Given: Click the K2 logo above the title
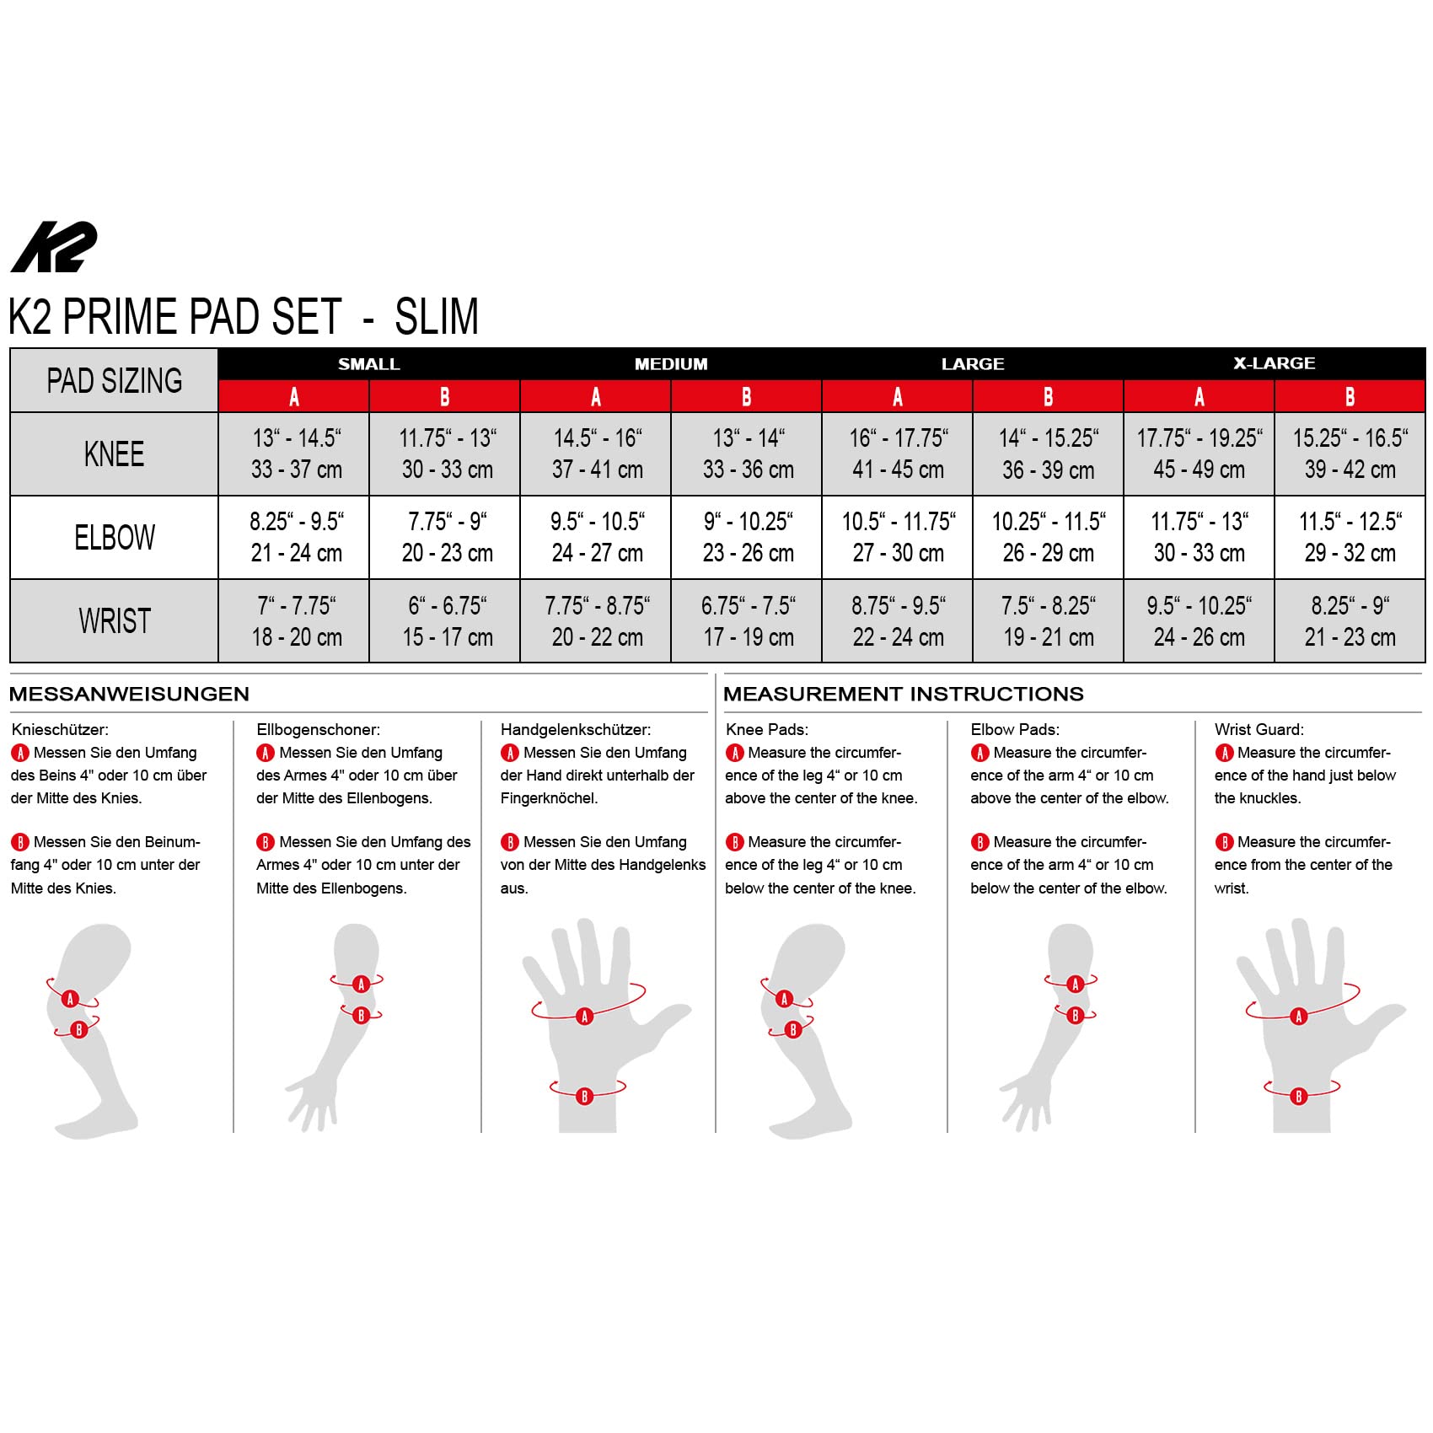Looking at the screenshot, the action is click(x=54, y=247).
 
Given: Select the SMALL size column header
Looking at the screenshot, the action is click(x=369, y=364).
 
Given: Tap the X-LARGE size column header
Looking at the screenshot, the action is click(x=1274, y=363).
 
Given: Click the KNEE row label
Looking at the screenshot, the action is click(x=114, y=454).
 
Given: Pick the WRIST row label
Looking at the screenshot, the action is click(x=114, y=621).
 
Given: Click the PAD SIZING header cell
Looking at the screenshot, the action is click(x=114, y=380).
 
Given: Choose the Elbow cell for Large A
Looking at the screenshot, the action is click(x=897, y=537).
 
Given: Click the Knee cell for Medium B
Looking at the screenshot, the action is click(x=746, y=454).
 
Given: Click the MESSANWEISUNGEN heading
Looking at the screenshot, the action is click(x=129, y=694).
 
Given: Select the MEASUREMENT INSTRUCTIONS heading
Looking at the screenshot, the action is click(x=904, y=694).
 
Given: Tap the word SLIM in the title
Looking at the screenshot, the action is click(x=437, y=316).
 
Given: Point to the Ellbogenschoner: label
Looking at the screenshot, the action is click(x=319, y=729).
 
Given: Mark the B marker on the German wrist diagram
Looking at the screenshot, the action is click(x=585, y=1097).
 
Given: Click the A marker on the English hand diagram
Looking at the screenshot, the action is click(x=1299, y=1017).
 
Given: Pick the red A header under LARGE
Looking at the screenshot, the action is click(x=897, y=396).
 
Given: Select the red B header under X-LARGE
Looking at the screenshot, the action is click(x=1350, y=396).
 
